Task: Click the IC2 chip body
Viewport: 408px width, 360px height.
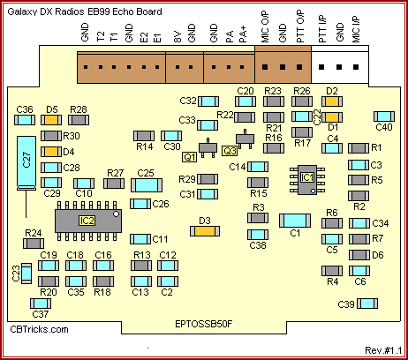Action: click(88, 221)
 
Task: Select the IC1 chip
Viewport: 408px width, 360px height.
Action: click(307, 180)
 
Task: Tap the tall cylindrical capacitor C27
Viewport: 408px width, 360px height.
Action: click(26, 162)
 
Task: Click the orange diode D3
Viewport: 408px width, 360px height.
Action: click(205, 231)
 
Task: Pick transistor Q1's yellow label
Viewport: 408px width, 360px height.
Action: click(190, 157)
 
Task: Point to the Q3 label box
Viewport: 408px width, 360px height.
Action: click(230, 151)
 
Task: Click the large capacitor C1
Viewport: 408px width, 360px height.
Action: click(295, 221)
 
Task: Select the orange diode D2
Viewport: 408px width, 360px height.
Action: click(332, 101)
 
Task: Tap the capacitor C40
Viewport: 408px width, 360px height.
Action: click(384, 116)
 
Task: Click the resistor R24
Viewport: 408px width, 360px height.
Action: click(34, 244)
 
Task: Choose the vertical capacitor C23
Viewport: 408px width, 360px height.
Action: click(26, 274)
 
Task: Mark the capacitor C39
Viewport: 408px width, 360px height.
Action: click(367, 304)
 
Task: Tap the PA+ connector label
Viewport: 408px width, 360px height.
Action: click(243, 34)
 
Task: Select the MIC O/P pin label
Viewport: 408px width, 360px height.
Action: click(265, 26)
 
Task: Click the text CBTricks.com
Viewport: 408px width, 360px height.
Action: click(39, 329)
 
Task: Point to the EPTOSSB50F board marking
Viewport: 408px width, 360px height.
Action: click(204, 324)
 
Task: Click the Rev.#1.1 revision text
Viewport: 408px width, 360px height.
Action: click(383, 350)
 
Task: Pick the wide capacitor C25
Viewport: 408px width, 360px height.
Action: click(147, 185)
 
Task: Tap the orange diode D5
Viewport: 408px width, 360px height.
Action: click(51, 120)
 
